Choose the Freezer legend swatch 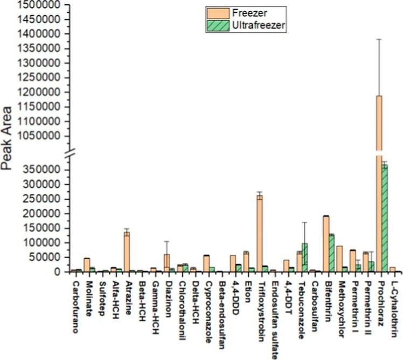216,12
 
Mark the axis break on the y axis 70,154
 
